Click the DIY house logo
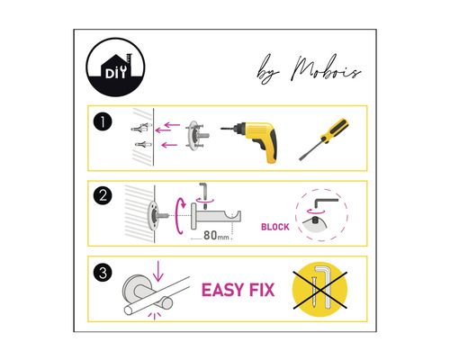115,67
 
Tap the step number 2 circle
104,195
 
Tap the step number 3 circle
104,270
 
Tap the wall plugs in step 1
141,139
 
